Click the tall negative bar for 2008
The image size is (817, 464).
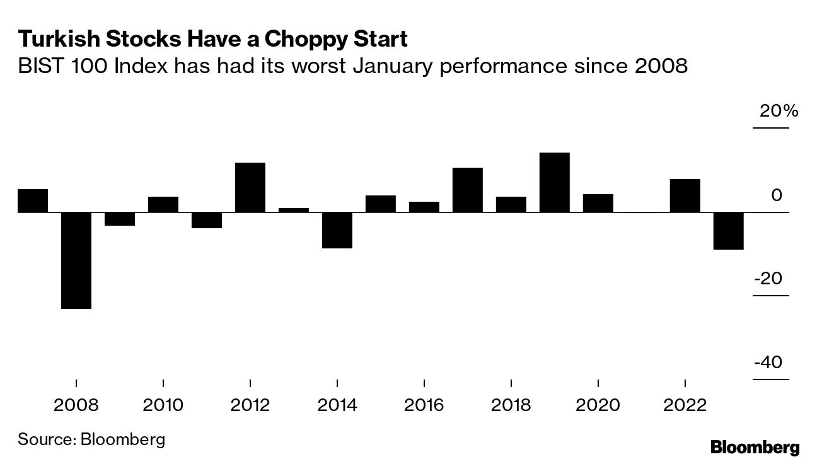click(76, 260)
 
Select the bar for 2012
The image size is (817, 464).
click(250, 187)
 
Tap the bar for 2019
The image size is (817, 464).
click(554, 182)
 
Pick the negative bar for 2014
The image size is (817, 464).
click(337, 230)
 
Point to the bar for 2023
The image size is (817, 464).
click(728, 231)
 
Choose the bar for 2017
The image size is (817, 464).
click(468, 190)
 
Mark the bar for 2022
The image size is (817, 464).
click(685, 195)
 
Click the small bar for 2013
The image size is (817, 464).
click(294, 210)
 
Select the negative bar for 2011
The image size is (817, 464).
click(207, 220)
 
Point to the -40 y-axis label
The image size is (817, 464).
click(768, 363)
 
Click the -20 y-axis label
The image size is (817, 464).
click(768, 279)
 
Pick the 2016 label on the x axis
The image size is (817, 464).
click(424, 404)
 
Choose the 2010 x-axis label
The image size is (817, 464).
click(163, 404)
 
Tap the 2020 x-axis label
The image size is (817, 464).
click(598, 404)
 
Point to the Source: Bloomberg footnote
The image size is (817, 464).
click(91, 439)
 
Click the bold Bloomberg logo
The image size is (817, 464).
click(755, 448)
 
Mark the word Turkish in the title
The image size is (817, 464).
click(55, 40)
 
